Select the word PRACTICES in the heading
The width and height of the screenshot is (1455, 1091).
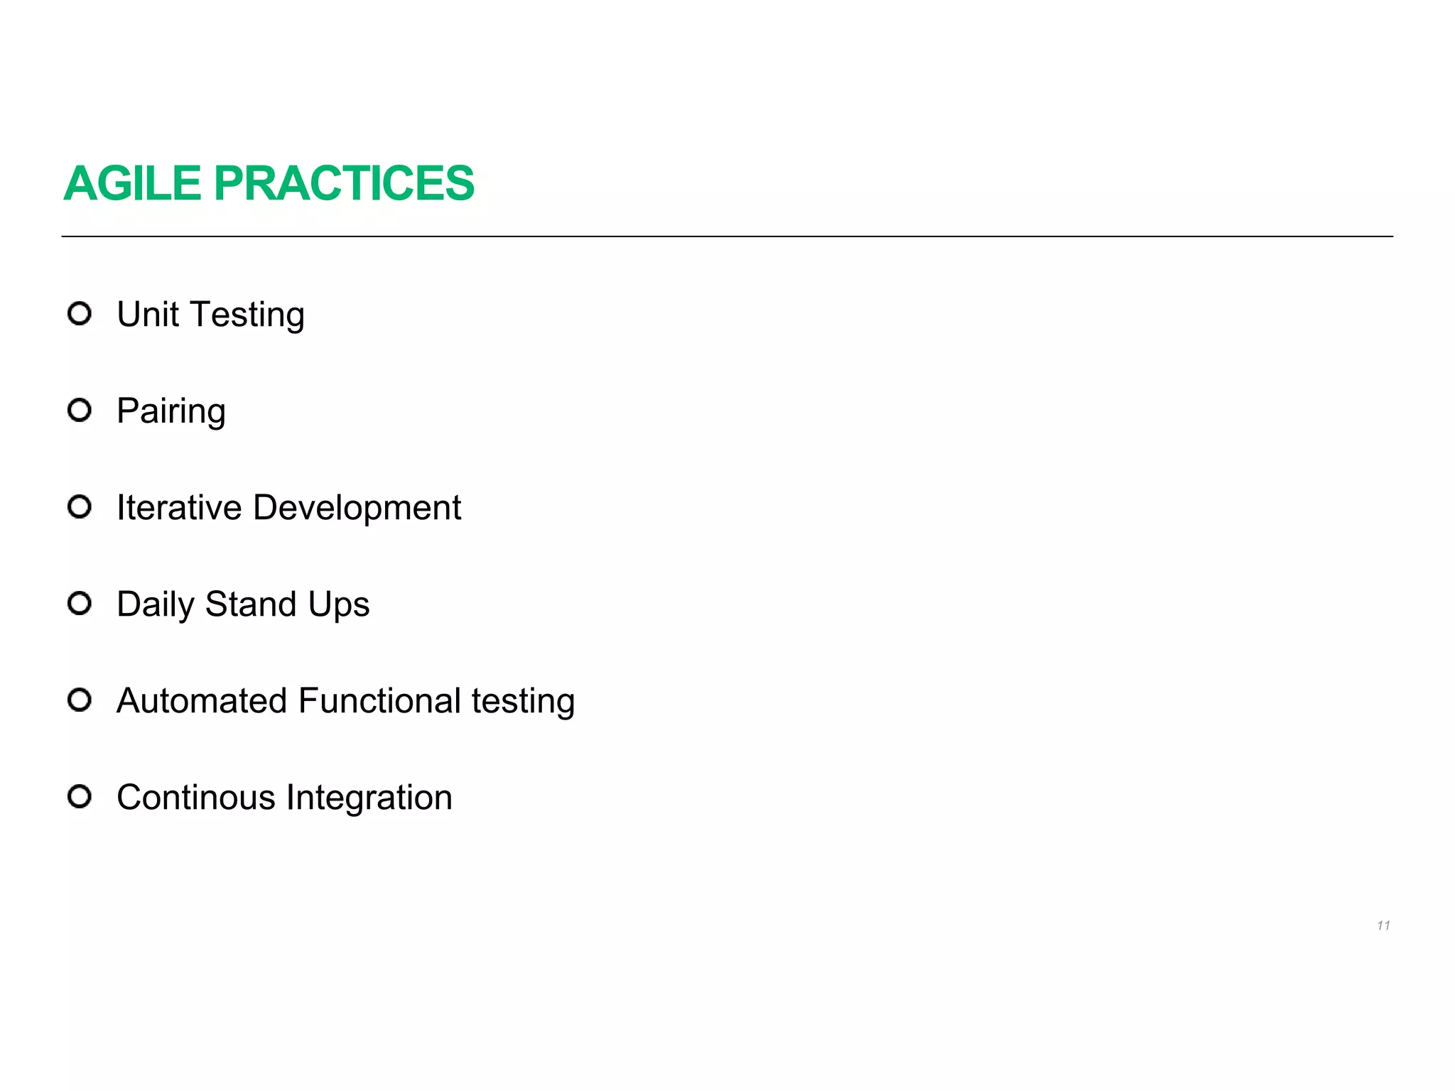pos(344,183)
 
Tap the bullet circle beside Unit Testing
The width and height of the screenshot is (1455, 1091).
pos(80,313)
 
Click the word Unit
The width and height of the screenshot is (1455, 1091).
pos(148,314)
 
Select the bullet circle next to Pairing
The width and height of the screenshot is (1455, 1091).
pos(80,410)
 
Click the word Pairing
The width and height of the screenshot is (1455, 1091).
pos(171,412)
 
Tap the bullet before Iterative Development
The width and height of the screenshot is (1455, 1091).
pos(80,506)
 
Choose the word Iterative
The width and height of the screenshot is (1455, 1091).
pos(179,508)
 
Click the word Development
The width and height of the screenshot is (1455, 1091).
pos(357,509)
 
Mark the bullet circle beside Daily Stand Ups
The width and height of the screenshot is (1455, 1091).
pos(80,603)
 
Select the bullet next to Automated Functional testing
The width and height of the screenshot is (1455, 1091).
pos(80,700)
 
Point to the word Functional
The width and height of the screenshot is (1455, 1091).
pos(380,700)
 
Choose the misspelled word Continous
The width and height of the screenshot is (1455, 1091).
pos(196,797)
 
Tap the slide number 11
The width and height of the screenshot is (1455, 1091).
pos(1383,926)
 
